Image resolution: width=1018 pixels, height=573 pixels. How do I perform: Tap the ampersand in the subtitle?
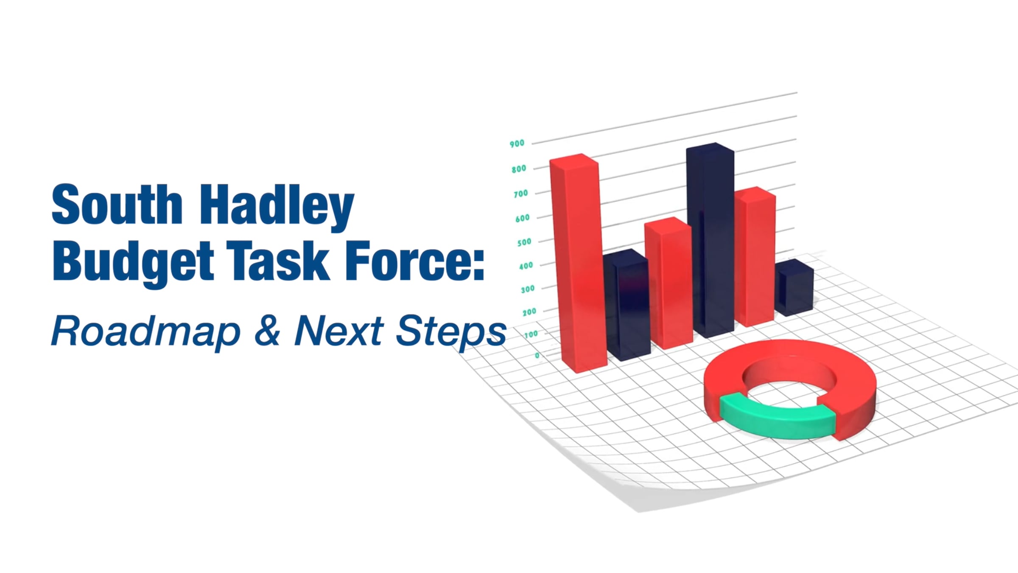(x=268, y=330)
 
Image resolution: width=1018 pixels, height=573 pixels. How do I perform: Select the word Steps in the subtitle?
(x=451, y=332)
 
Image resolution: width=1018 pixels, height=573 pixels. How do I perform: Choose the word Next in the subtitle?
(x=339, y=330)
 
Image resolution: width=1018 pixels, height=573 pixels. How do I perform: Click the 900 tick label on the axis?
(x=517, y=144)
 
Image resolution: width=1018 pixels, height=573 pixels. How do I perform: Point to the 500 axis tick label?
(x=524, y=242)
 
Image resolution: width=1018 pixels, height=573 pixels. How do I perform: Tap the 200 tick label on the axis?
(x=529, y=312)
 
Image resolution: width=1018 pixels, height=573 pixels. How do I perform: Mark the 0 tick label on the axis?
(x=537, y=356)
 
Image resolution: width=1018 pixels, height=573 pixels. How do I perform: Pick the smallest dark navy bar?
(x=794, y=287)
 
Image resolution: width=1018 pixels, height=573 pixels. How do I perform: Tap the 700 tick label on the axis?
(x=520, y=194)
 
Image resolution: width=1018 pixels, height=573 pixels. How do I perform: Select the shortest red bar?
(x=668, y=283)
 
